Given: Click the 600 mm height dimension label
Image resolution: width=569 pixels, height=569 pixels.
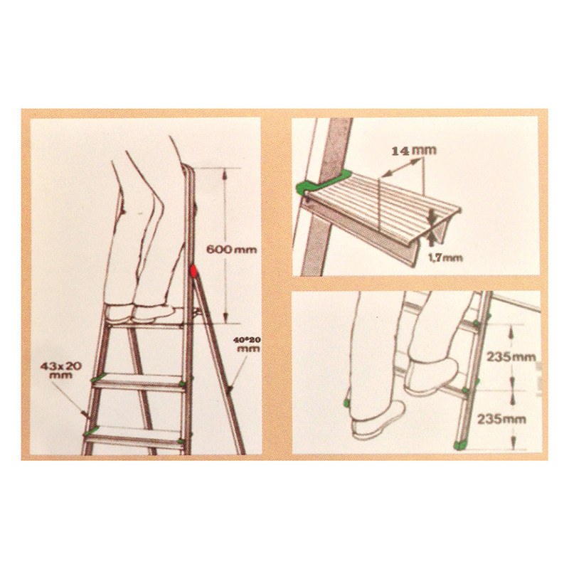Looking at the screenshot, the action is point(231,250).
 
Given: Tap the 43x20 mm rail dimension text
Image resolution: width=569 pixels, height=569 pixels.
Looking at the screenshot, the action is point(60,370).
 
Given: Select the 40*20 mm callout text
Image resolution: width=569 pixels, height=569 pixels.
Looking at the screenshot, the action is point(247,344).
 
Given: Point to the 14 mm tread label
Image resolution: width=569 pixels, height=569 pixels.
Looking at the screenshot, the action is point(414,150).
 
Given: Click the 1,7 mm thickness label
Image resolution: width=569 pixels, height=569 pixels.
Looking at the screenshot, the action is point(446,258).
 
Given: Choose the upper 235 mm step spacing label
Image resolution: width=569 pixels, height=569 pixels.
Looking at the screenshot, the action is point(511,357).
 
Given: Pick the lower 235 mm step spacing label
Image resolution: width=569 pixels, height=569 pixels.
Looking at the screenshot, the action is point(501,420).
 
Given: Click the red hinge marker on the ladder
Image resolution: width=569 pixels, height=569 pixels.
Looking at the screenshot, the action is point(193,271).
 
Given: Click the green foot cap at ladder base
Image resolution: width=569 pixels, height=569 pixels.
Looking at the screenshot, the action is point(461,445).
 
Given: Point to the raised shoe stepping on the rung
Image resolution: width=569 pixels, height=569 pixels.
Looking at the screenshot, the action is point(432,375).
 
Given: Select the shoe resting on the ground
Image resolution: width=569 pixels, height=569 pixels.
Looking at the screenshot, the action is point(378,420).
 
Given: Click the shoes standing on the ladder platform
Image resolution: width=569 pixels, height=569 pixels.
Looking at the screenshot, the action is point(139,312).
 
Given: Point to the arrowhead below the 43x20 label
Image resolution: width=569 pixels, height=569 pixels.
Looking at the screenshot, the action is point(85,413).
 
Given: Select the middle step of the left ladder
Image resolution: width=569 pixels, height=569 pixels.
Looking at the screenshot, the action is point(139,382).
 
